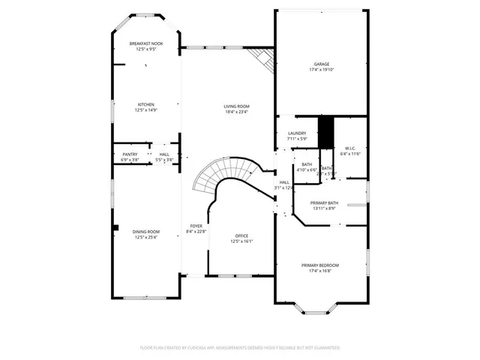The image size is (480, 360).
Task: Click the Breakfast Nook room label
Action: (145, 44)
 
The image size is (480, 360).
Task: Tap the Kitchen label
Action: (145, 104)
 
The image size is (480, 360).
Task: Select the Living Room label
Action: (236, 106)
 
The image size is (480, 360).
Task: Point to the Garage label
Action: (322, 64)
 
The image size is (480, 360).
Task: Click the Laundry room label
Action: (297, 133)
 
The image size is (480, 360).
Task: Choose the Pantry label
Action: (130, 154)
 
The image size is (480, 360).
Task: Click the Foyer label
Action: (196, 226)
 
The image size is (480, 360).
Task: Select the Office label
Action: (241, 235)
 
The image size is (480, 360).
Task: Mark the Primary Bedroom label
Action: (320, 265)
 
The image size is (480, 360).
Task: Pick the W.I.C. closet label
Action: (350, 148)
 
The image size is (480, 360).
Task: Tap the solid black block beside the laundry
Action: (325, 132)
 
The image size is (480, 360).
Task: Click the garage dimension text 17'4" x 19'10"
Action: (322, 70)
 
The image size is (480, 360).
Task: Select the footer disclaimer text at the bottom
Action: (240, 348)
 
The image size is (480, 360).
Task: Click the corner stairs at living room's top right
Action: (262, 60)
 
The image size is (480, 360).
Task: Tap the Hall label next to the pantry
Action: (163, 154)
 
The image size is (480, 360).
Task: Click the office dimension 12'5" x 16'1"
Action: (241, 241)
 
